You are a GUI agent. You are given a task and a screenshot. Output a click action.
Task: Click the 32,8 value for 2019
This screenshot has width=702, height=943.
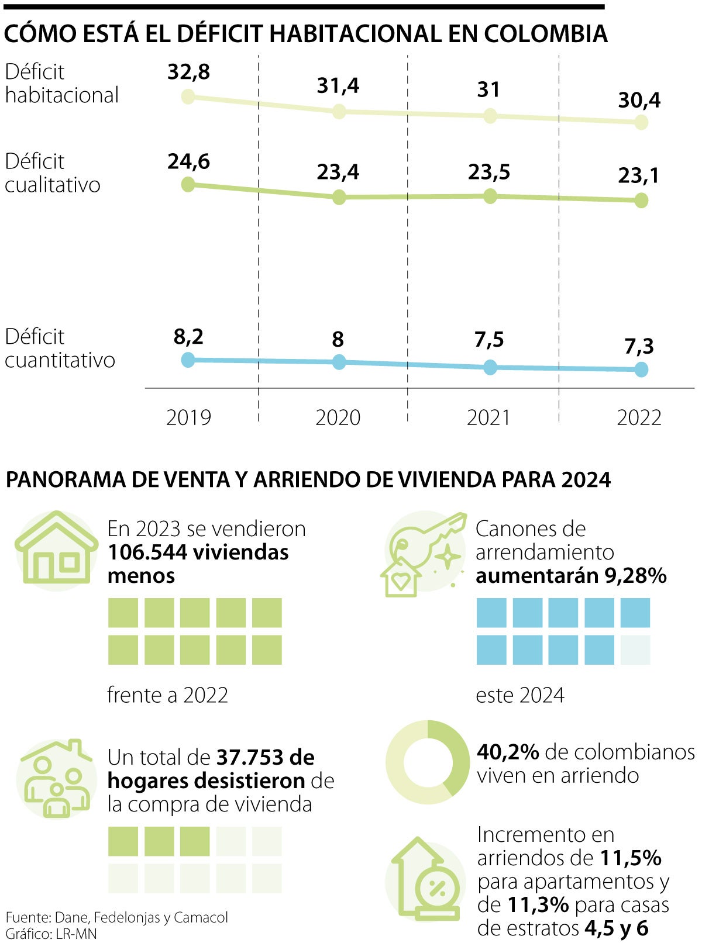188,72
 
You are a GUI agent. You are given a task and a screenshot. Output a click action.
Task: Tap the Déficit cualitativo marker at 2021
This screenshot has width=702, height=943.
490,196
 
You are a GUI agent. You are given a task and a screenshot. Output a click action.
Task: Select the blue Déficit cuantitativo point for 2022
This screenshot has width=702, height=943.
641,369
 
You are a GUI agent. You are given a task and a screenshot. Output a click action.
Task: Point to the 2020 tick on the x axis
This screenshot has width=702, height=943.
338,417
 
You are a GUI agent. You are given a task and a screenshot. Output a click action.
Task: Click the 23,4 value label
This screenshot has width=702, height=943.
338,172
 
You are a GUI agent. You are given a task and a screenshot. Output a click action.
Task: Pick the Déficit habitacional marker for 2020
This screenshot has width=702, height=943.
339,112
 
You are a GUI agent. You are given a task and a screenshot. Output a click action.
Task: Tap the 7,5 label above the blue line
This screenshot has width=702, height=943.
489,340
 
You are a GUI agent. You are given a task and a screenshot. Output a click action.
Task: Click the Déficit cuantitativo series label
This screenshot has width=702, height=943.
60,348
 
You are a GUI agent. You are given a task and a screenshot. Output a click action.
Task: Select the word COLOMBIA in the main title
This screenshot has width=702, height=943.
545,34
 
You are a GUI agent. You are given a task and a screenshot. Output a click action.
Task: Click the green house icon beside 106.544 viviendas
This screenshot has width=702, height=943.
56,550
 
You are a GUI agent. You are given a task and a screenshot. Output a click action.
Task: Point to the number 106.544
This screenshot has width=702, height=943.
144,552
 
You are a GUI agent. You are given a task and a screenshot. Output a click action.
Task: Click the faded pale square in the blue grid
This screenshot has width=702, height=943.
635,650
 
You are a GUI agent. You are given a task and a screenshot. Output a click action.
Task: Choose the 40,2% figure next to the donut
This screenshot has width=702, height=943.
508,752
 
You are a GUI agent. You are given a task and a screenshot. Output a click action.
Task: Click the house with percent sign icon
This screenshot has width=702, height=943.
426,880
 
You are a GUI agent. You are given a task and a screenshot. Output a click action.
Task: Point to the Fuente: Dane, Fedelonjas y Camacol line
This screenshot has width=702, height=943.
117,917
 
